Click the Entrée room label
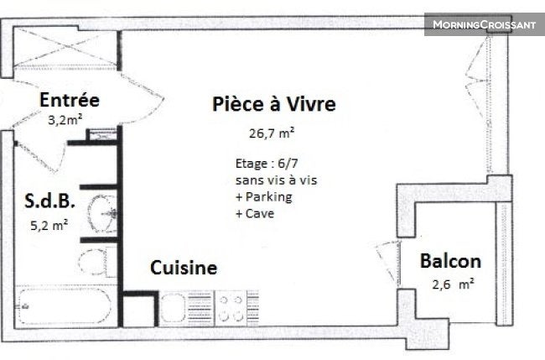pos(70,100)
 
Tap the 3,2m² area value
pos(65,120)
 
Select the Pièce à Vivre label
pos(274,104)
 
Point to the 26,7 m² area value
pos(272,133)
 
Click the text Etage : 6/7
pos(267,164)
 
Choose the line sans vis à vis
pos(277,180)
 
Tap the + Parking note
pos(264,197)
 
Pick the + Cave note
pos(255,213)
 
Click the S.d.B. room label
pos(49,201)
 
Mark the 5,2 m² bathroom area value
pos(49,226)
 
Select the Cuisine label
pos(184,268)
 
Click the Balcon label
pos(450,261)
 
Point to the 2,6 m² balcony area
pos(453,284)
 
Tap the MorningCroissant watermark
pos(485,24)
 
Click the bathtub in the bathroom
pos(65,306)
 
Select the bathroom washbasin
pos(101,213)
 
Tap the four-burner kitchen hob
pos(231,308)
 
